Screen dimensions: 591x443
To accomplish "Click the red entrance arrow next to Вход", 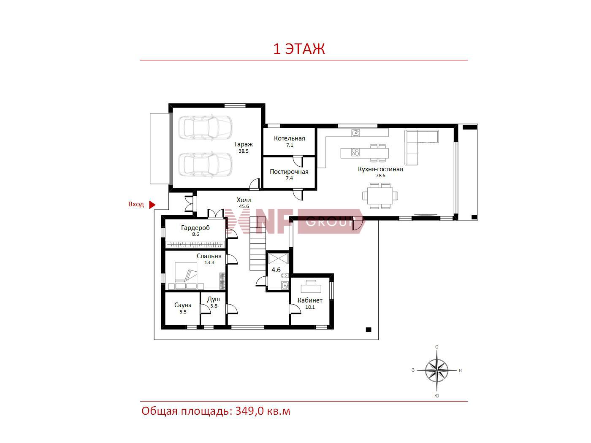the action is click(x=152, y=205).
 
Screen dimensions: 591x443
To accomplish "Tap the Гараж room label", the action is click(x=244, y=144).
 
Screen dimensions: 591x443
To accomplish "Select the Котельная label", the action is click(x=290, y=138).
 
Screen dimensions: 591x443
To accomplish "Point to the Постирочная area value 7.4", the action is click(x=289, y=178).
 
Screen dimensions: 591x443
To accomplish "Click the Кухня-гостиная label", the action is click(x=380, y=169).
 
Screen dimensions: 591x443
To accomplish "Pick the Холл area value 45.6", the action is click(x=244, y=206).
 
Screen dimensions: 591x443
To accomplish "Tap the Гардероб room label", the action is click(x=195, y=228).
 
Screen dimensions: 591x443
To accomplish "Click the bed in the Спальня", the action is click(x=186, y=276).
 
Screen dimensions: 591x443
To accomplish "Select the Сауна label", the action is click(x=183, y=305).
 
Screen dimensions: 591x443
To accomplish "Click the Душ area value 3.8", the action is click(x=214, y=306).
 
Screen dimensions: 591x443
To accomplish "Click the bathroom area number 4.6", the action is click(x=276, y=270).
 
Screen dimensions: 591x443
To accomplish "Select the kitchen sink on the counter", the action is click(x=356, y=132).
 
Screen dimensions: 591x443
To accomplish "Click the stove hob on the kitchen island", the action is click(x=355, y=152).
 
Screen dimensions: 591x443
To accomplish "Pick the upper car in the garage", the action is click(x=205, y=128).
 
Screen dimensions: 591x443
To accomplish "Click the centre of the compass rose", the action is click(x=437, y=370).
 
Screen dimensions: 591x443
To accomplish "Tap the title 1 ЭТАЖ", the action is click(x=299, y=49).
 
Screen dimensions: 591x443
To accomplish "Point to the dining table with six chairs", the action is click(x=380, y=196).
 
